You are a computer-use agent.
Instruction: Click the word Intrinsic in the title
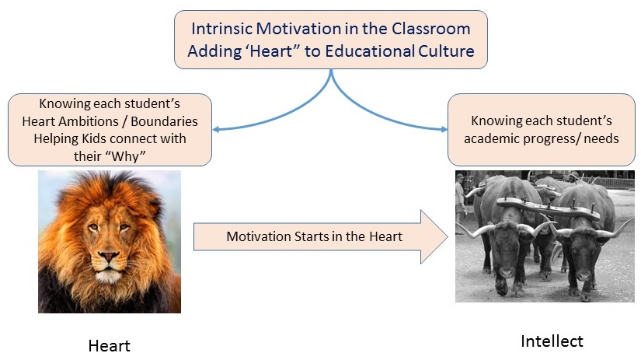pyautogui.click(x=221, y=29)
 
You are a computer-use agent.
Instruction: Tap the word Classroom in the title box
pyautogui.click(x=431, y=29)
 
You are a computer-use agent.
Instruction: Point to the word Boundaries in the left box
pyautogui.click(x=165, y=121)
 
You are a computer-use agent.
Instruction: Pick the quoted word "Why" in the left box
pyautogui.click(x=128, y=156)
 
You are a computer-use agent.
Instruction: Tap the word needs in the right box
pyautogui.click(x=601, y=138)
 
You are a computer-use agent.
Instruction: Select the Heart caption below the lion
pyautogui.click(x=109, y=346)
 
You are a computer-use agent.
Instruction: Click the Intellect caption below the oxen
pyautogui.click(x=552, y=341)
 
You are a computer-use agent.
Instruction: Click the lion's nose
pyautogui.click(x=109, y=256)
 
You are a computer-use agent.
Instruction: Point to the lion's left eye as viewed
pyautogui.click(x=93, y=226)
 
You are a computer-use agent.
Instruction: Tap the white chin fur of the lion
pyautogui.click(x=108, y=277)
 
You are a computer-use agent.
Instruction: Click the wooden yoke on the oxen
pyautogui.click(x=549, y=207)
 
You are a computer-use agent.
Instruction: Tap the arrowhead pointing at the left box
pyautogui.click(x=216, y=130)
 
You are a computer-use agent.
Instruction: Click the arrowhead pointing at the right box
pyautogui.click(x=444, y=130)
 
